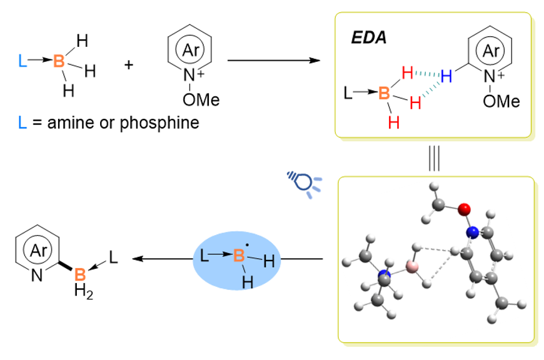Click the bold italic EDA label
[x=368, y=37]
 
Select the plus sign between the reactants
[x=129, y=64]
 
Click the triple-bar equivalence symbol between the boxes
[x=435, y=157]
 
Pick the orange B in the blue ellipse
[x=238, y=256]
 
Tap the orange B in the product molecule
[x=80, y=274]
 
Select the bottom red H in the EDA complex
[x=394, y=122]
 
